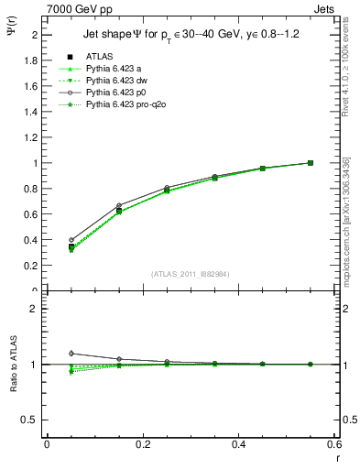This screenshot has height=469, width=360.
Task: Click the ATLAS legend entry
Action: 99,57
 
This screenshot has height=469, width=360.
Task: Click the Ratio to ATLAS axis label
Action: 14,365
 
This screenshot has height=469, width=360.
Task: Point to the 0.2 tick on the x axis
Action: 142,446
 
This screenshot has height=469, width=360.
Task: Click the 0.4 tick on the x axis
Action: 238,446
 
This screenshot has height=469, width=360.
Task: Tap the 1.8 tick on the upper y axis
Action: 32,60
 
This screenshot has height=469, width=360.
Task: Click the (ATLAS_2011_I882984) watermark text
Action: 191,274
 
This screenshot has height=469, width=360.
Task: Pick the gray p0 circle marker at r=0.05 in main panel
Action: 71,240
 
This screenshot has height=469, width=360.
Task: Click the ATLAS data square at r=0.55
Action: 311,163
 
